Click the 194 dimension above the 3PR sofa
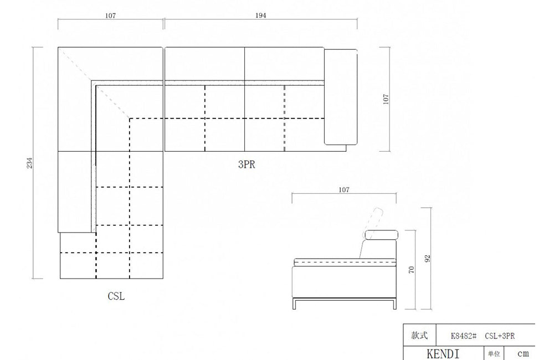pyautogui.click(x=261, y=16)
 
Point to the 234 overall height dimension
pyautogui.click(x=30, y=163)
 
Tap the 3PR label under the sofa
pyautogui.click(x=247, y=164)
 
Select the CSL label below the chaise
pyautogui.click(x=116, y=296)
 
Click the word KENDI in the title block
pyautogui.click(x=443, y=353)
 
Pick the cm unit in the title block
pyautogui.click(x=523, y=353)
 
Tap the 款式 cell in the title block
pyautogui.click(x=419, y=336)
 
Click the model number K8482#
pyautogui.click(x=464, y=336)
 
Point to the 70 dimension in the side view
pyautogui.click(x=411, y=270)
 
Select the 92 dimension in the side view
pyautogui.click(x=427, y=258)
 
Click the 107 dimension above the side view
pyautogui.click(x=343, y=190)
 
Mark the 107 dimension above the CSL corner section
pyautogui.click(x=110, y=16)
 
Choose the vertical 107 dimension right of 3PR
pyautogui.click(x=386, y=99)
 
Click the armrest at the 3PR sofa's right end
pyautogui.click(x=340, y=97)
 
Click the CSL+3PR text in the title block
pyautogui.click(x=501, y=336)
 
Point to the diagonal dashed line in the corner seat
pyautogui.click(x=94, y=83)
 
